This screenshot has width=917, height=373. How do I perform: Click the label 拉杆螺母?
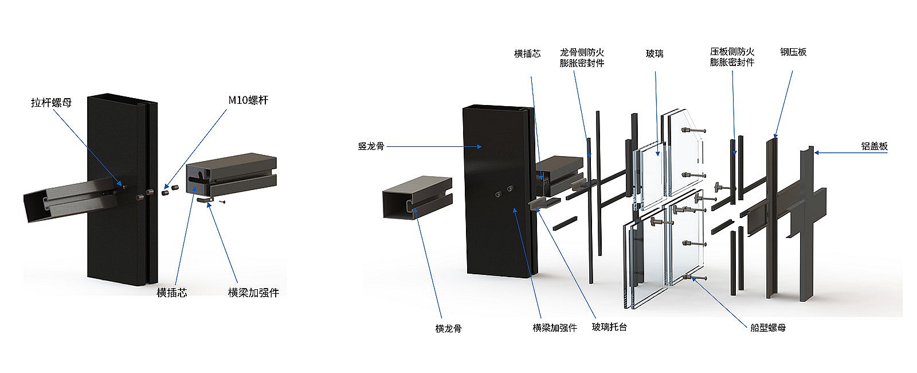51,103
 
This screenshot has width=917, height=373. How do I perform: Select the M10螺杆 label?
248,100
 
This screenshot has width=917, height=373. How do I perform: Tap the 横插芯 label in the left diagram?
172,293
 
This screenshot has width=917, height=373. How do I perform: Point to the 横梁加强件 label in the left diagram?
253,293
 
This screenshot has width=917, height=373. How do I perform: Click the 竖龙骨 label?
371,146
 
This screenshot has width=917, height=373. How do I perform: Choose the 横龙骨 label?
448,329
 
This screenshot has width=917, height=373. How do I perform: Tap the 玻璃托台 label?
609,327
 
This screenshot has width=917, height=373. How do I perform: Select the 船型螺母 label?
768,328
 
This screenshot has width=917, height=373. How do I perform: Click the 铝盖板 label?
875,146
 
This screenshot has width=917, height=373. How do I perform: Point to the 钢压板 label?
793,52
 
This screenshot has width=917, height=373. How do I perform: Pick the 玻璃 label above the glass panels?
655,54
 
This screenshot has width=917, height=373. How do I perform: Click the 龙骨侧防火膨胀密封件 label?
582,58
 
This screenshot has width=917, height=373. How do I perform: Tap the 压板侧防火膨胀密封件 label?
732,57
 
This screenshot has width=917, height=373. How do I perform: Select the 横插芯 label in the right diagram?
527,54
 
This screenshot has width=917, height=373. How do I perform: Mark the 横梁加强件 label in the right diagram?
554,328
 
